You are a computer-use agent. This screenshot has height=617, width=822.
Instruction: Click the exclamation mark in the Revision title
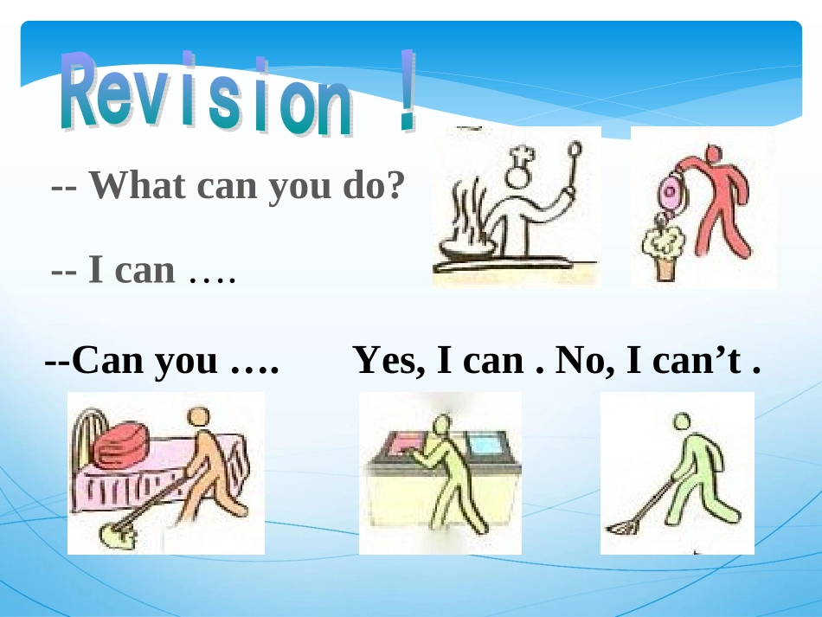pyautogui.click(x=405, y=91)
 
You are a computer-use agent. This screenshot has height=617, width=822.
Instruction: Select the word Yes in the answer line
pyautogui.click(x=389, y=360)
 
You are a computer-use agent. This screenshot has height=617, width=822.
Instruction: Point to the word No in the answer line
pyautogui.click(x=581, y=360)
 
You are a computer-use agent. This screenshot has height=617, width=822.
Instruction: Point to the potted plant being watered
pyautogui.click(x=663, y=248)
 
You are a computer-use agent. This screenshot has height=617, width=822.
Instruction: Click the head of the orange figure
pyautogui.click(x=201, y=416)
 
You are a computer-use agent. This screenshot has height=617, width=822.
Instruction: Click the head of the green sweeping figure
pyautogui.click(x=683, y=421)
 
